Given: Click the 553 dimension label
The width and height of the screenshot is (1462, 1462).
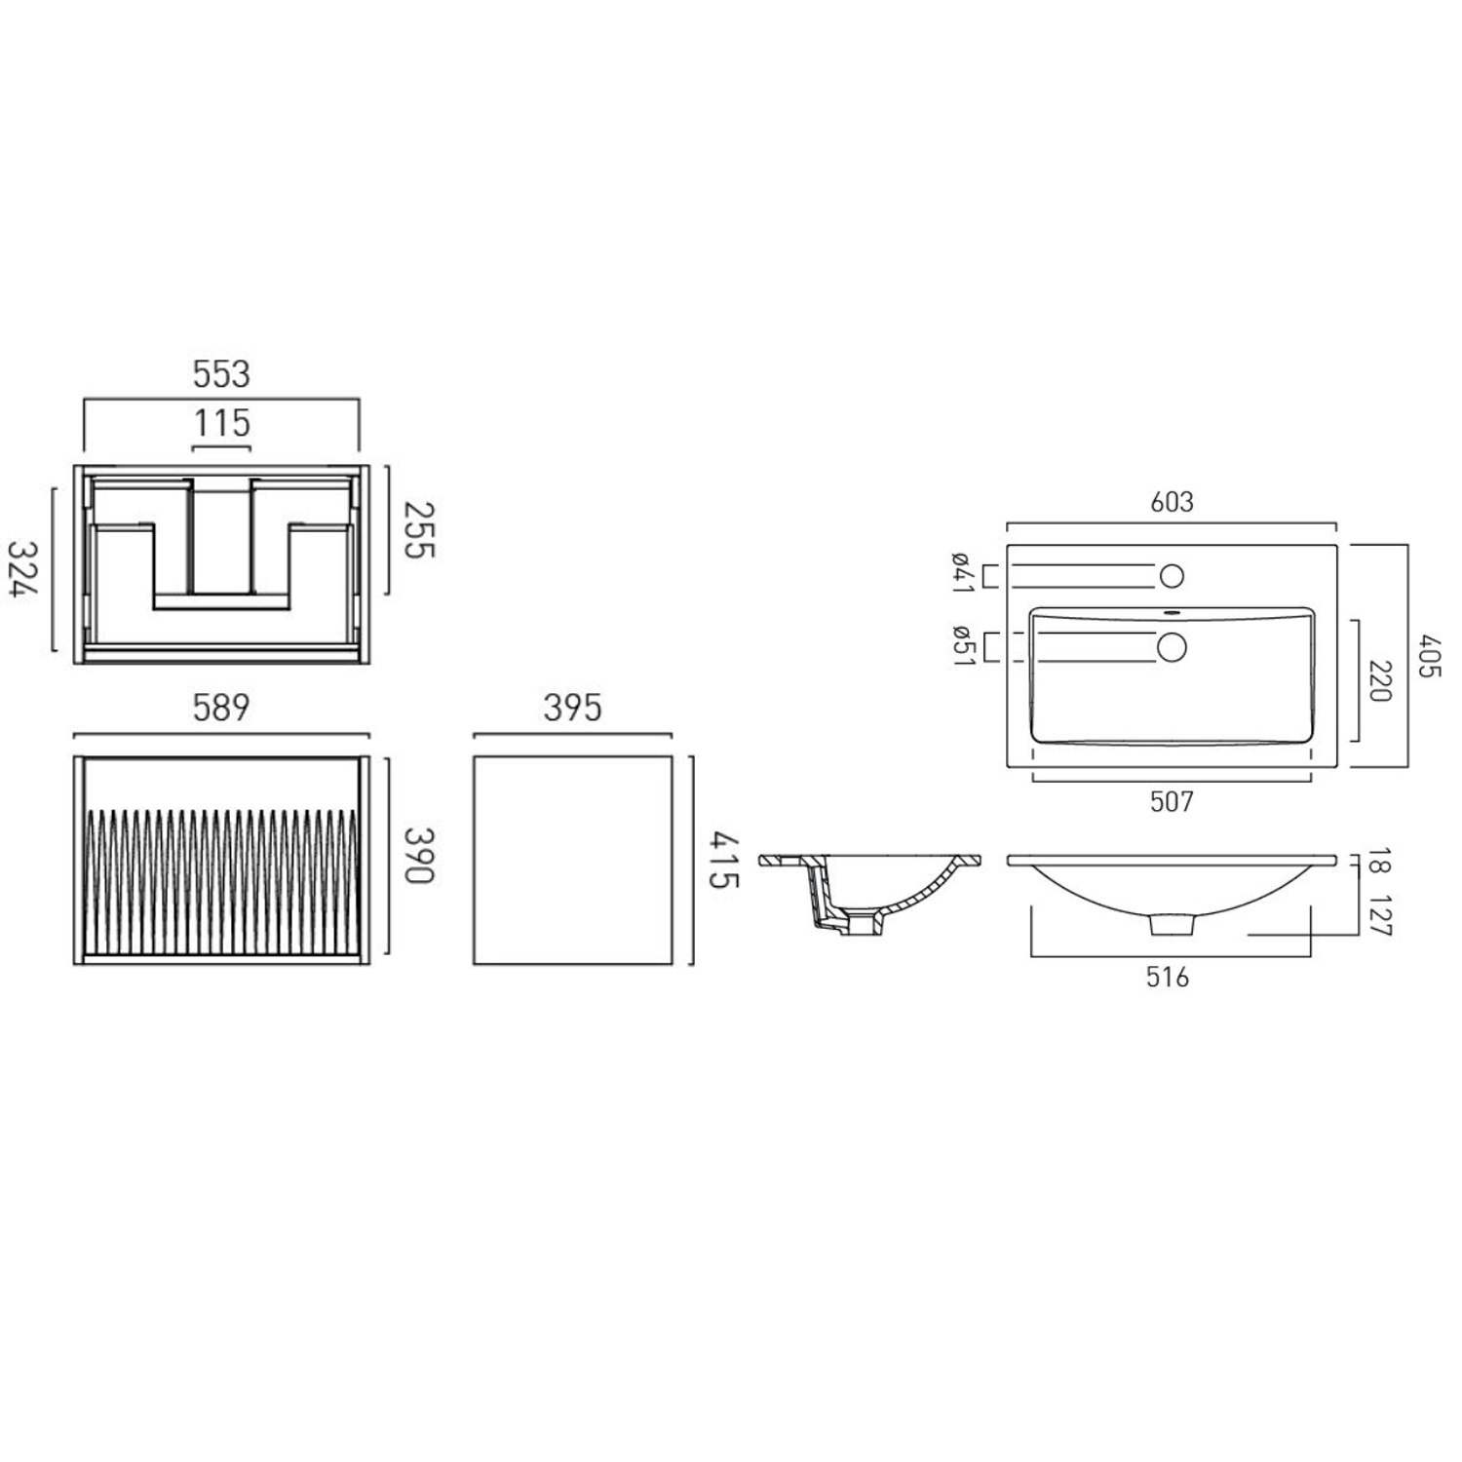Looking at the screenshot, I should click(221, 374).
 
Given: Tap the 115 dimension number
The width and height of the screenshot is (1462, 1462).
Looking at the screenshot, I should click(221, 424).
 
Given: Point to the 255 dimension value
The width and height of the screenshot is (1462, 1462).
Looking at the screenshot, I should click(418, 529).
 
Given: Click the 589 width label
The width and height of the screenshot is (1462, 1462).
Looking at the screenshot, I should click(221, 708).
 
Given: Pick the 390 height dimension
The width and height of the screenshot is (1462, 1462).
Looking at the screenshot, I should click(418, 855).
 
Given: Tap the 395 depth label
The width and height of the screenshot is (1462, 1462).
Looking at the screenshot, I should click(572, 708).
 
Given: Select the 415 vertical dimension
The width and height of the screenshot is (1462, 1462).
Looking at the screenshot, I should click(723, 860).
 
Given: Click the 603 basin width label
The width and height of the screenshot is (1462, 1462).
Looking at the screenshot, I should click(1172, 502).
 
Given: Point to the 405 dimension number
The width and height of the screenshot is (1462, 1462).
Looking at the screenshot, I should click(1429, 656).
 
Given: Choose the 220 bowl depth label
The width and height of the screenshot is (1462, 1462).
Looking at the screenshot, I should click(1380, 680).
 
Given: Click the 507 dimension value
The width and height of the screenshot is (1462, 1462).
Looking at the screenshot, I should click(1172, 801).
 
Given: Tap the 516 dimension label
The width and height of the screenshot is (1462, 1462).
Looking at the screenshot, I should click(1168, 977).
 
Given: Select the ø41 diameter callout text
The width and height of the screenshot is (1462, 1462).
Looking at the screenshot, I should click(961, 572).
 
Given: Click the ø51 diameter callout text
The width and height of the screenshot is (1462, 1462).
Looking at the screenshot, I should click(961, 644).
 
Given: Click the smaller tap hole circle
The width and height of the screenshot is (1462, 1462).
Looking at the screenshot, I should click(1172, 576).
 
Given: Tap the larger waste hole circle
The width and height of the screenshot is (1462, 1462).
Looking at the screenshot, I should click(1172, 647).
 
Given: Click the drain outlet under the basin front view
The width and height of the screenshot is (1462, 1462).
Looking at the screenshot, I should click(1172, 924).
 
